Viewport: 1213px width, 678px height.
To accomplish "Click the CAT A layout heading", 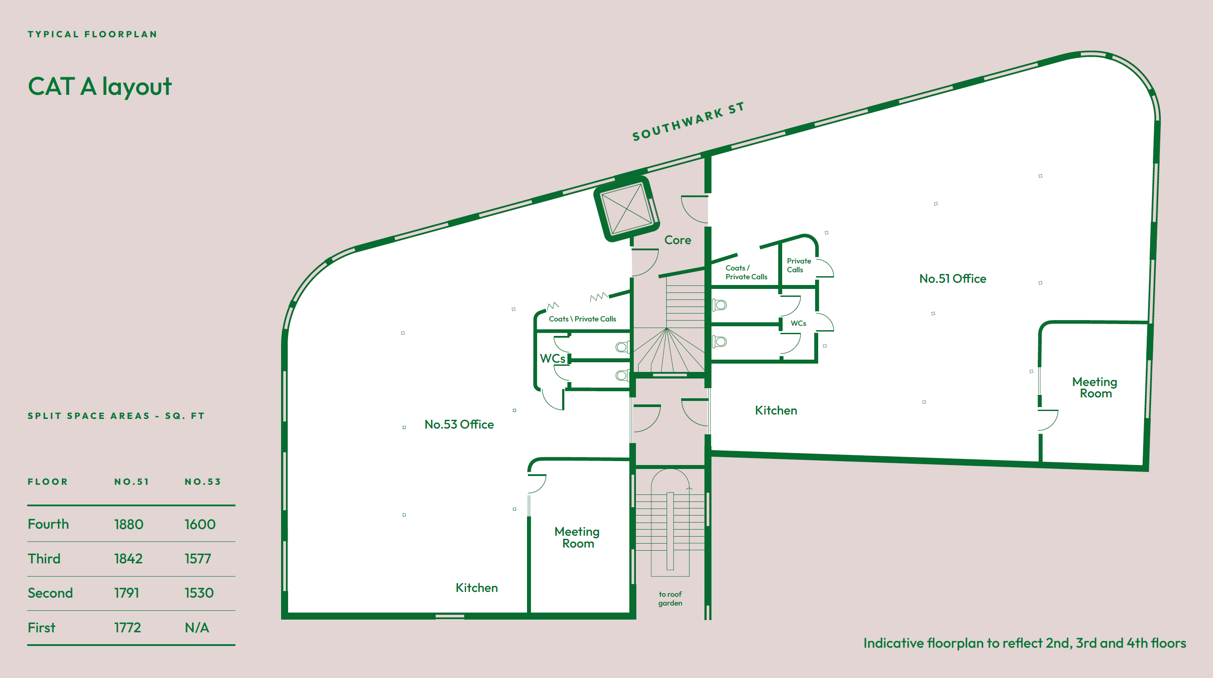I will pos(100,87).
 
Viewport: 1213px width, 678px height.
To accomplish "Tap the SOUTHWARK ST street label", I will pos(688,122).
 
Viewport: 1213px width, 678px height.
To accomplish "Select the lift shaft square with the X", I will pos(627,209).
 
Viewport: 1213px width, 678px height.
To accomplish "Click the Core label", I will pos(678,240).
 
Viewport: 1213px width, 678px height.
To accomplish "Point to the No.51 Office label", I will pos(952,279).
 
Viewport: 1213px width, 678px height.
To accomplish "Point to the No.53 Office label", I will pos(459,425).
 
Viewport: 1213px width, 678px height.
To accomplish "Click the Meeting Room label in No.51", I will pos(1095,387).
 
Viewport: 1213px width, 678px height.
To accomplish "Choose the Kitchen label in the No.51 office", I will pos(776,411).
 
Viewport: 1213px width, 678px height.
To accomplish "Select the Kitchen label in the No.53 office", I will pos(477,588).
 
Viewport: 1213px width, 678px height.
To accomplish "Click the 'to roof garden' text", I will pos(670,599).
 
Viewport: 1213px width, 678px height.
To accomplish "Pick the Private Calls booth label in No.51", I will pos(798,266).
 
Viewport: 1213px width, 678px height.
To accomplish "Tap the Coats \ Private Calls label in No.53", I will pos(582,319).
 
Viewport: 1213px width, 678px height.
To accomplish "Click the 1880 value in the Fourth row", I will pos(129,524).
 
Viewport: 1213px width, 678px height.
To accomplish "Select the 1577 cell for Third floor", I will pos(198,559).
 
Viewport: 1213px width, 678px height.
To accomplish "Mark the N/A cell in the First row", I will pos(197,628).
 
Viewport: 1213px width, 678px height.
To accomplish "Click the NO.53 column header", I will pos(202,482).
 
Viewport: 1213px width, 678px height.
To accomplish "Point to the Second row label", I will pos(51,593).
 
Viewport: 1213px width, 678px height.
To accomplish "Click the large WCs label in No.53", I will pos(552,359).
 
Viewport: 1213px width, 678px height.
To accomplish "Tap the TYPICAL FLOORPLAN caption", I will pos(92,34).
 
